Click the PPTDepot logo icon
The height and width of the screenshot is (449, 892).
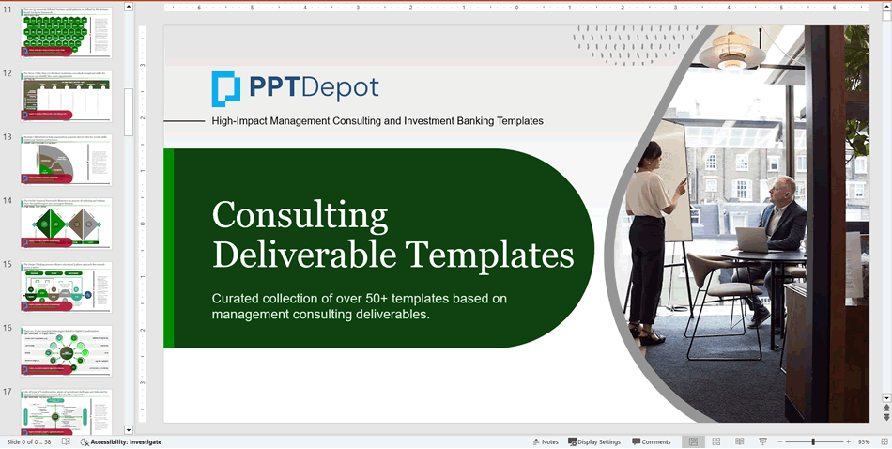click(226, 88)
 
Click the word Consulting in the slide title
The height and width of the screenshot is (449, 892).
click(300, 215)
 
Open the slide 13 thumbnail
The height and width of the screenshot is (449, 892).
click(66, 162)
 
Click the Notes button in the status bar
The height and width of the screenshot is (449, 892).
click(546, 441)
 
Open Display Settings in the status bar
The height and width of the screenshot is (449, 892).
click(594, 441)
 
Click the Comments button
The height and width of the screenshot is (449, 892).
click(652, 441)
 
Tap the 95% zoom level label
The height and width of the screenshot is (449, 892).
click(864, 441)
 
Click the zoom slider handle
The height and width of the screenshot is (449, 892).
click(813, 441)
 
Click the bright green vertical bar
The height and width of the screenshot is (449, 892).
click(169, 248)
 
